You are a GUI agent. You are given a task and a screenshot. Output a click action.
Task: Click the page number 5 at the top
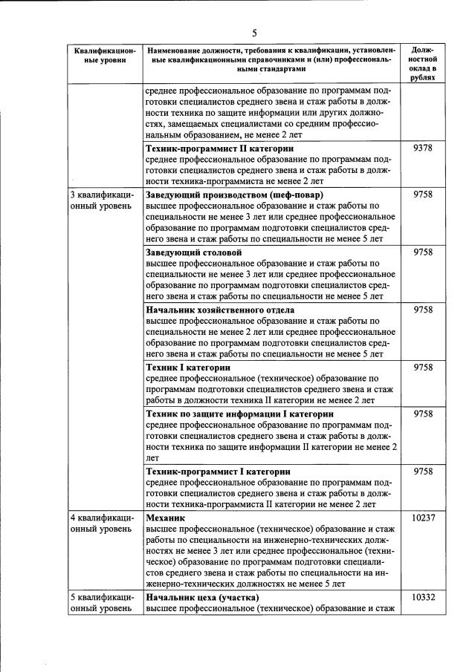(253, 33)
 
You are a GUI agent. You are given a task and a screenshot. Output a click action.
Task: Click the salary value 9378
(422, 149)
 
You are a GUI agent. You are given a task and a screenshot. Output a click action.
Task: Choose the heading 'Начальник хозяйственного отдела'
(220, 310)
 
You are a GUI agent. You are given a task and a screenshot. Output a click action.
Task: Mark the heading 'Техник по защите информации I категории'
(239, 414)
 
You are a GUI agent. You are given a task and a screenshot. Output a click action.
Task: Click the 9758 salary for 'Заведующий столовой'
(422, 252)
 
